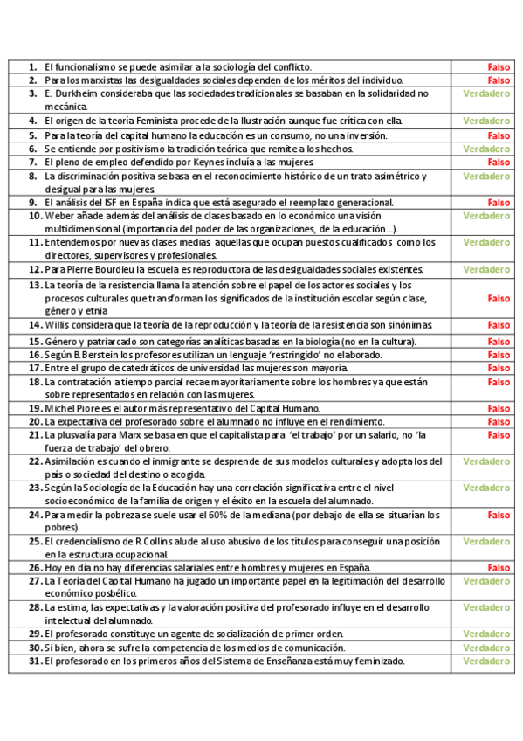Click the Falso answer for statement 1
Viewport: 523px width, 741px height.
click(499, 67)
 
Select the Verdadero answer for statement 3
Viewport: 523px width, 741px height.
click(486, 93)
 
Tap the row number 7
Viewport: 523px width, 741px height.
click(33, 163)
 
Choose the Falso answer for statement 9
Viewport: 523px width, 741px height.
click(499, 203)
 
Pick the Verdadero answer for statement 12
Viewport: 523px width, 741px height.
click(486, 269)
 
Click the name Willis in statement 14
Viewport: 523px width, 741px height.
click(58, 325)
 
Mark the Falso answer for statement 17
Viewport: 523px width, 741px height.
click(499, 369)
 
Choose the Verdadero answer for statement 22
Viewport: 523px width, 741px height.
click(486, 461)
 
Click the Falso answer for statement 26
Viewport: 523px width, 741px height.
click(499, 567)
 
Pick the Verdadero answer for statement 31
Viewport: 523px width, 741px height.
click(486, 661)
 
